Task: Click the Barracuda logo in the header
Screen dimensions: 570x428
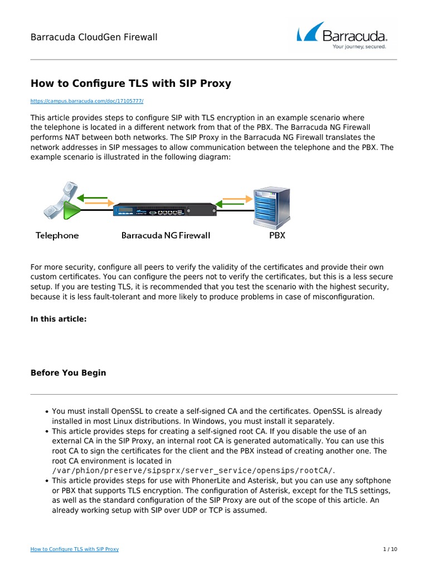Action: coord(342,35)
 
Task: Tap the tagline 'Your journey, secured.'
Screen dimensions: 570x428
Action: coord(359,47)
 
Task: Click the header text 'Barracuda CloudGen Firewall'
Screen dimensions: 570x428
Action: coord(94,37)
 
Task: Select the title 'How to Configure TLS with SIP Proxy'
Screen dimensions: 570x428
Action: coord(130,83)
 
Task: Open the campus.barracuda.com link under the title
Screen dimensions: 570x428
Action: coord(87,101)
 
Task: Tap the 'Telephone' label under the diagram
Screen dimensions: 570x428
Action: coord(57,235)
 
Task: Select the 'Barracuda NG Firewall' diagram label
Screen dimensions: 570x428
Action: coord(166,235)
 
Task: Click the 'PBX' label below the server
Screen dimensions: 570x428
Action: coord(277,235)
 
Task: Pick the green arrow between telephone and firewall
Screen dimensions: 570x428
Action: coord(94,197)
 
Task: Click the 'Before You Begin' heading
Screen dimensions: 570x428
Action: coord(68,373)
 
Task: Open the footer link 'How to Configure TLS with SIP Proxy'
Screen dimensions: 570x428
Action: coord(74,549)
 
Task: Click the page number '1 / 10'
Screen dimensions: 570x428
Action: coord(390,549)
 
